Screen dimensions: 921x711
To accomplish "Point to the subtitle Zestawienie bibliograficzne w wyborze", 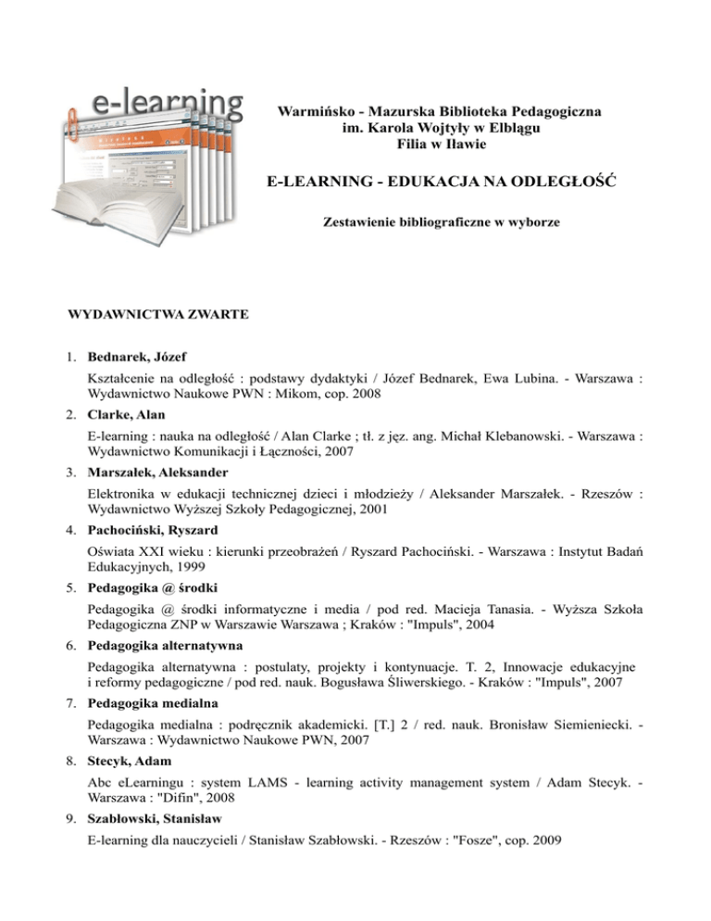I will pyautogui.click(x=440, y=222).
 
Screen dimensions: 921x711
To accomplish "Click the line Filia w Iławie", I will pyautogui.click(x=440, y=145).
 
